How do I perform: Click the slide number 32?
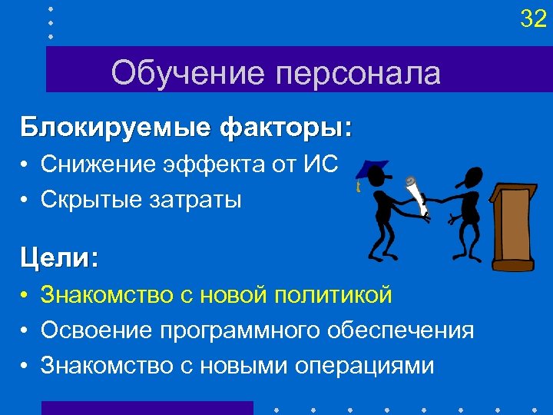532,18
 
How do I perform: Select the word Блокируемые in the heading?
114,126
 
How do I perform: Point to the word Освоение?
97,330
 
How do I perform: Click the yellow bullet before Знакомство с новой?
25,295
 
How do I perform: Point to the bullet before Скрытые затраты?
25,201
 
